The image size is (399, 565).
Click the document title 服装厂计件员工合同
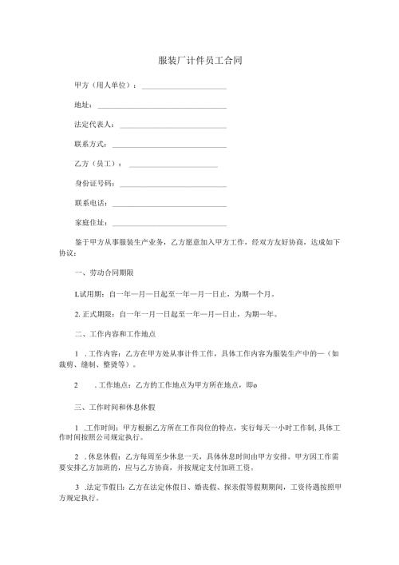(x=199, y=60)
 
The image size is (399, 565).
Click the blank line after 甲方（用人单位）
(x=184, y=86)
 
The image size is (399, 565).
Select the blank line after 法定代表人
(x=172, y=126)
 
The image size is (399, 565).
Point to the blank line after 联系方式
(x=169, y=146)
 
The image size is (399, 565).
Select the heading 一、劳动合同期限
(x=99, y=273)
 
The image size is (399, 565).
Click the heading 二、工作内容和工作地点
(x=109, y=334)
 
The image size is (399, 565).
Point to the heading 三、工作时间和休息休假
(x=109, y=408)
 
